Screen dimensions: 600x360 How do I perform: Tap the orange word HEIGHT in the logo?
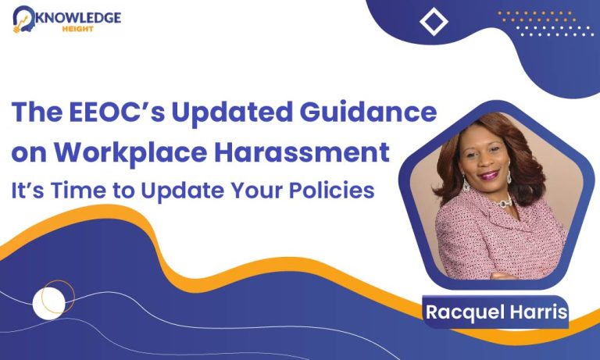pos(78,29)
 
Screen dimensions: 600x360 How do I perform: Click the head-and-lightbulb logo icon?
pos(23,19)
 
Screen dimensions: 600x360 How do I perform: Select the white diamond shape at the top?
pos(434,22)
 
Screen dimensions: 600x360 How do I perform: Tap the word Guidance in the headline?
pos(368,112)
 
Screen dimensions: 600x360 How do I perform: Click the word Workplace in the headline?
pos(130,153)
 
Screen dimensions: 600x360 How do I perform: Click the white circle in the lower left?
pos(49,303)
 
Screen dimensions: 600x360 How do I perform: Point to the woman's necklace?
pos(505,201)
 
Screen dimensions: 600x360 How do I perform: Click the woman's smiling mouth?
pos(489,175)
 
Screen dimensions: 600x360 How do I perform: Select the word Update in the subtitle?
pos(183,191)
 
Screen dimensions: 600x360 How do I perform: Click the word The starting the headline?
pos(37,112)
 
